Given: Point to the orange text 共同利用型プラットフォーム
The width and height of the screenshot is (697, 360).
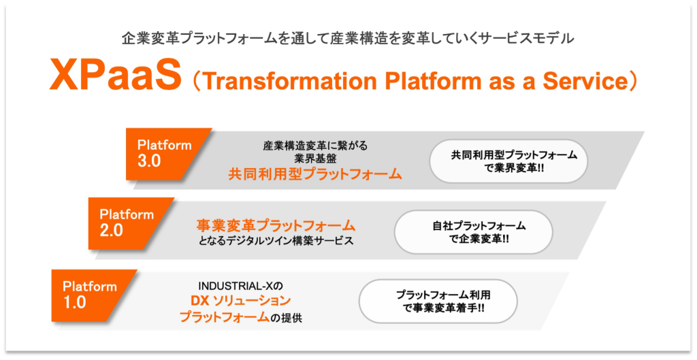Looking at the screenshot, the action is tap(314, 174).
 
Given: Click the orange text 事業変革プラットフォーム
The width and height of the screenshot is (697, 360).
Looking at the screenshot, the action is tap(276, 225).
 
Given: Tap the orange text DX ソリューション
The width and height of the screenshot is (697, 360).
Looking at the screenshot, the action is tap(240, 301).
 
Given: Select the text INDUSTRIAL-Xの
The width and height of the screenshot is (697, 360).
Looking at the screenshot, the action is tap(240, 285).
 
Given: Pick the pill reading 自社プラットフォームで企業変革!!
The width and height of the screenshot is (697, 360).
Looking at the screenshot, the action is tap(474, 232).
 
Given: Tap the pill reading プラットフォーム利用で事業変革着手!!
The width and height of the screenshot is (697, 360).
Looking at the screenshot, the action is tap(438, 301).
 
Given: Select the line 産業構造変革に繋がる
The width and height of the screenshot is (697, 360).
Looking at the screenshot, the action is tap(315, 146).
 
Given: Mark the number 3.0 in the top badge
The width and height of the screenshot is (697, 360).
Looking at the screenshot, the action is tap(149, 161).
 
